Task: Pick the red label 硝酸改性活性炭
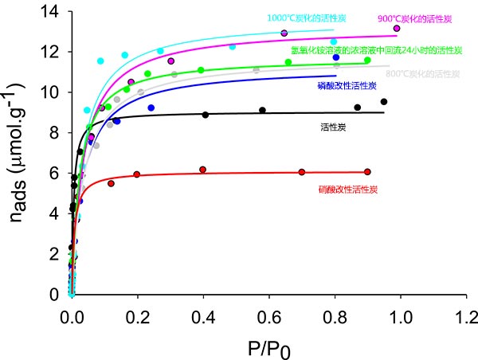coord(347,189)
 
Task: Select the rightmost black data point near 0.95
coord(384,102)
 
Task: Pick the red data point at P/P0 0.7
coord(301,172)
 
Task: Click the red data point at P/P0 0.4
coord(202,170)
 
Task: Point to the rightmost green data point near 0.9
coord(367,61)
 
